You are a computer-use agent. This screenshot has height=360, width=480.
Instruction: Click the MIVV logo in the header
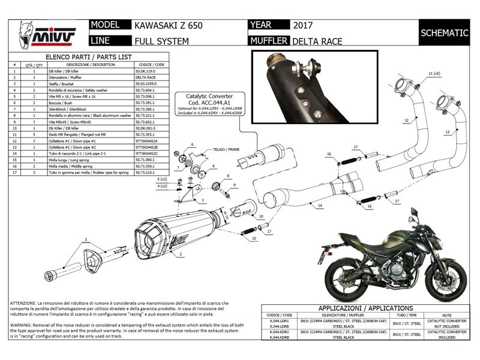pyautogui.click(x=42, y=33)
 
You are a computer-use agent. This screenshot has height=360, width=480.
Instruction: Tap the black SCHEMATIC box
pyautogui.click(x=444, y=33)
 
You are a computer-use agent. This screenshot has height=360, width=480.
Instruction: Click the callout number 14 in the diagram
pyautogui.click(x=320, y=205)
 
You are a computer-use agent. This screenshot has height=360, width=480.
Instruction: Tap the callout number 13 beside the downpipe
pyautogui.click(x=447, y=131)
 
